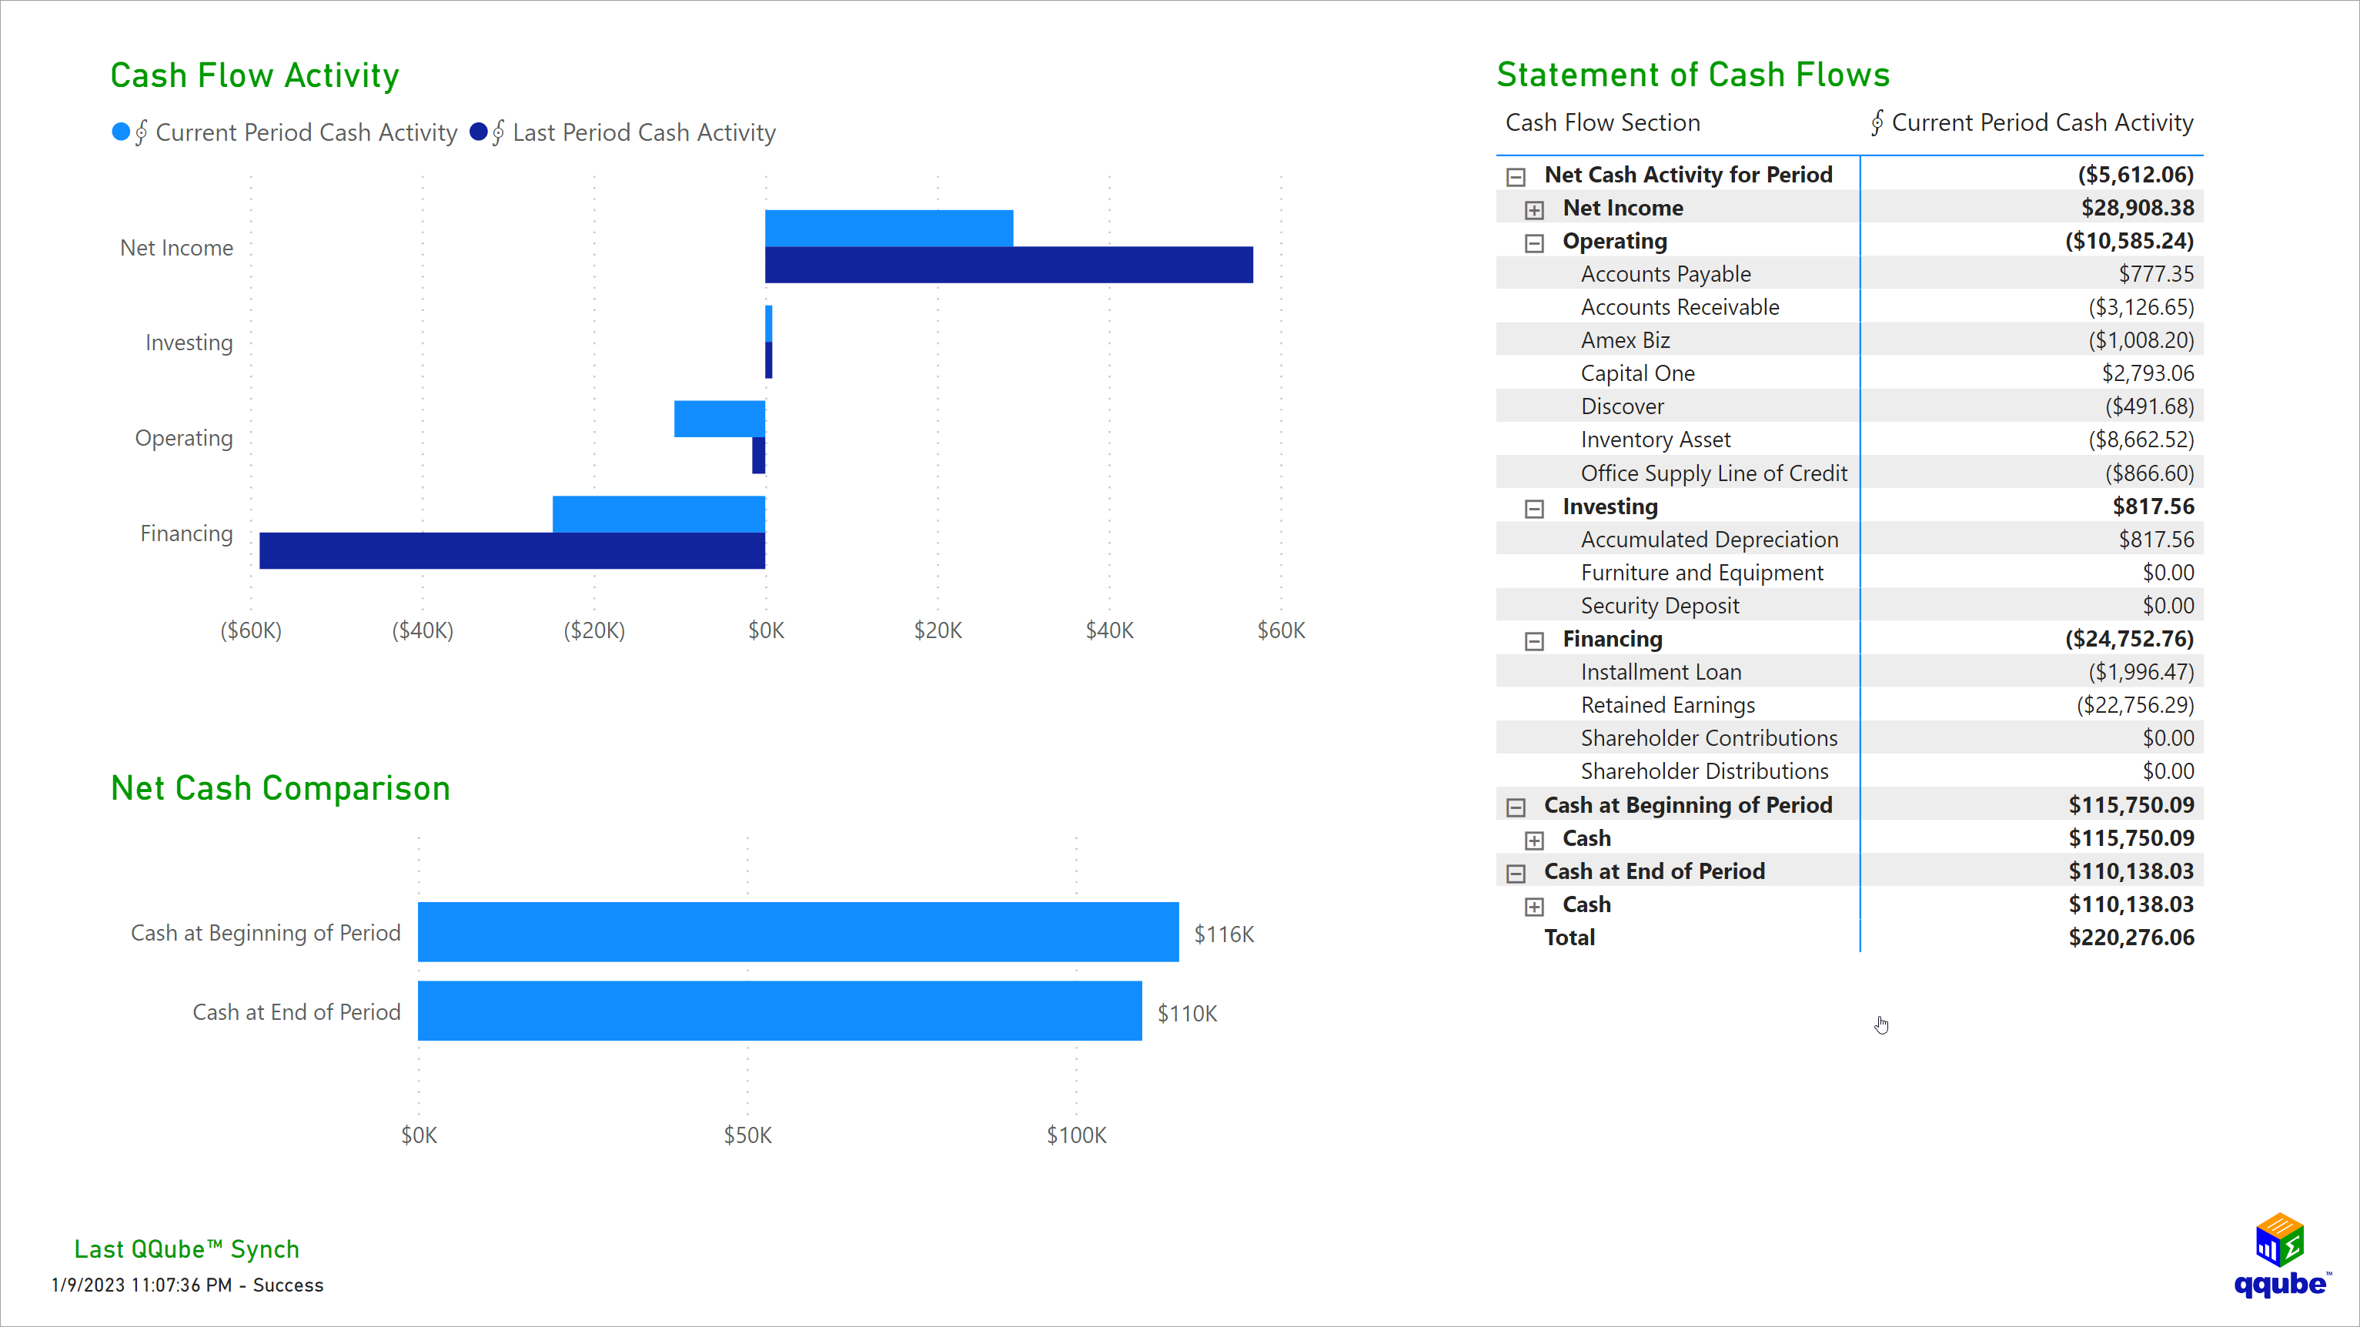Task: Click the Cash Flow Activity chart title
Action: coord(255,75)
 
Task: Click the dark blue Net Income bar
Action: coord(1008,265)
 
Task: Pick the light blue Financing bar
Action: coord(658,513)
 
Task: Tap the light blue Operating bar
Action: coord(719,419)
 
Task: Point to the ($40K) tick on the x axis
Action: coord(423,630)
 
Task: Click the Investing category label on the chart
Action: coord(189,343)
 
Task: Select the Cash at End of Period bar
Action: coord(779,1011)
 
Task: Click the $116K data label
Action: coord(1223,934)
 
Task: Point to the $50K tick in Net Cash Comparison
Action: coord(747,1135)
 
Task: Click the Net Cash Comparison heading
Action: coord(280,788)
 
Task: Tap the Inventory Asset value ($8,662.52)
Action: coord(2140,440)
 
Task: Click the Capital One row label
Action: coord(1637,374)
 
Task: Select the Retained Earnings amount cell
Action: coord(2134,705)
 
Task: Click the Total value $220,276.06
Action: coord(2130,938)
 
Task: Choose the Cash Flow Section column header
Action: coord(1603,123)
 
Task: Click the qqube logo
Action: coord(2280,1255)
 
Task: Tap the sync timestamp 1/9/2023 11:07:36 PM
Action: coord(141,1285)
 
